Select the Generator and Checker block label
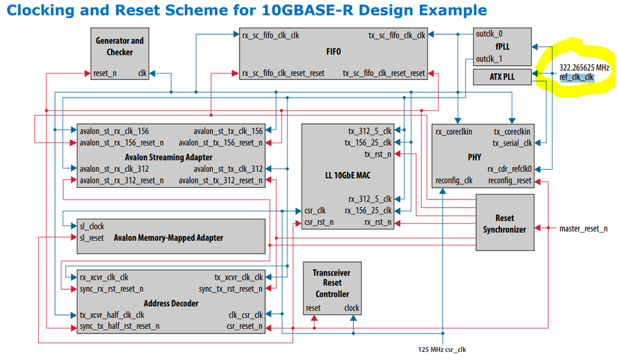click(119, 46)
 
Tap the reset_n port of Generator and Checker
click(104, 73)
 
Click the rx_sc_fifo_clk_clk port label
click(271, 35)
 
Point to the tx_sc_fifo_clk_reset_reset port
click(384, 73)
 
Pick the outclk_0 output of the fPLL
click(489, 34)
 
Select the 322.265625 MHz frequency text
click(584, 67)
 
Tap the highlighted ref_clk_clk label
click(576, 77)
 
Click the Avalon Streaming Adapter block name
click(169, 157)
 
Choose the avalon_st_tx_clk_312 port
click(228, 169)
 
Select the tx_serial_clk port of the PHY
click(512, 143)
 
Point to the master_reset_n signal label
click(583, 229)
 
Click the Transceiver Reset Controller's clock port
click(351, 308)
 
